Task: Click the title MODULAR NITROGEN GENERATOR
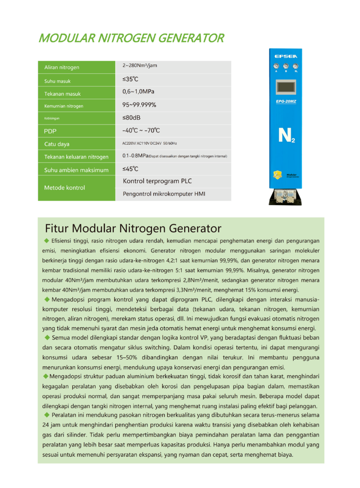131,38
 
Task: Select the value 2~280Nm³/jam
140,65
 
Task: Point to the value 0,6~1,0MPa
139,91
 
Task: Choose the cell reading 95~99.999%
139,105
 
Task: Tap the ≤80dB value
132,118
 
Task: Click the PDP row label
51,131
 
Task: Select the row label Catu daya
57,144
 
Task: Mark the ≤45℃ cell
130,169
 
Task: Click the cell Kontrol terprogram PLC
157,181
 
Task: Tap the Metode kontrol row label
64,188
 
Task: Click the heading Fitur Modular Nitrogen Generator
133,228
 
